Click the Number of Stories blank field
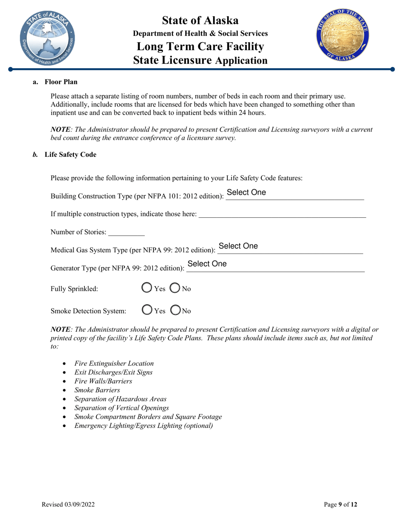127,232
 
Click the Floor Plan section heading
61,81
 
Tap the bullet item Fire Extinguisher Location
114,363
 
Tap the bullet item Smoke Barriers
97,390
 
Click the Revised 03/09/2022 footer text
68,505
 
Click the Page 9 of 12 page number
341,505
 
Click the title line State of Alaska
200,20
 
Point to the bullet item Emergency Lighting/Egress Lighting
143,426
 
